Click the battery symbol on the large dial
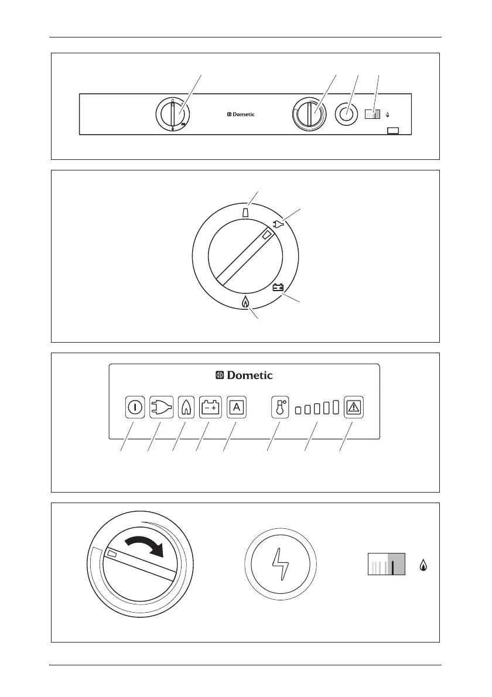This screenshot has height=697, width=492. pos(278,287)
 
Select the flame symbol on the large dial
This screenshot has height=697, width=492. pos(246,303)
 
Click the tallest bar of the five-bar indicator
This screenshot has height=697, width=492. pos(336,407)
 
